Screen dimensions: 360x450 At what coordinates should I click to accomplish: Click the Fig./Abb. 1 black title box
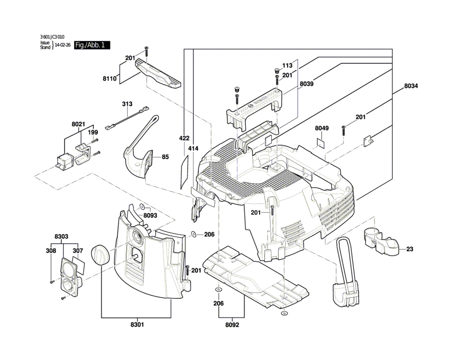click(x=92, y=45)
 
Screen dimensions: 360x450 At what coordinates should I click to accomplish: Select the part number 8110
click(x=109, y=78)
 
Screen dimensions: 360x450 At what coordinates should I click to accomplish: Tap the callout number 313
click(x=128, y=104)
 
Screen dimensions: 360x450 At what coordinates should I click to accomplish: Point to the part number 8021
click(x=78, y=124)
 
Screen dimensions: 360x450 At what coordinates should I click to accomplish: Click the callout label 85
click(x=166, y=157)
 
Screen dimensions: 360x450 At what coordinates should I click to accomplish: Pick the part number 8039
click(x=307, y=84)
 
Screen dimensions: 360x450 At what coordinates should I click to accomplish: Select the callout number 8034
click(x=411, y=86)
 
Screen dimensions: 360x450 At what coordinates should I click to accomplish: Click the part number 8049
click(x=322, y=128)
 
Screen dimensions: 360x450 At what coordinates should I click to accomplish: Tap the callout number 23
click(x=409, y=249)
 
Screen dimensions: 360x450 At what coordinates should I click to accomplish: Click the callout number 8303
click(x=61, y=236)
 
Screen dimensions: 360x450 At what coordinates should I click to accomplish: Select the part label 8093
click(x=150, y=216)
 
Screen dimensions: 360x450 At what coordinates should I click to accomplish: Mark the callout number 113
click(x=287, y=65)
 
